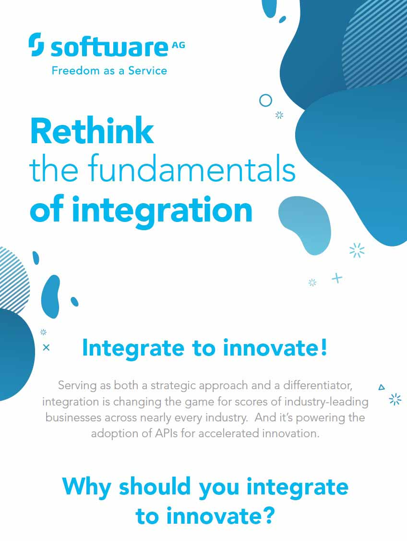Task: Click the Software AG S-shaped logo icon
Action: point(36,45)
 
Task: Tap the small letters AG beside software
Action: point(178,45)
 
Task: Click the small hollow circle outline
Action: point(265,101)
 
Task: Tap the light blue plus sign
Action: point(337,278)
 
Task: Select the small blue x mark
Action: point(46,347)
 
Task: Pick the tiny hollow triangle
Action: point(382,387)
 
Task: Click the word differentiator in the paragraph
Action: point(318,385)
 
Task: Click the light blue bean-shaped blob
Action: point(305,225)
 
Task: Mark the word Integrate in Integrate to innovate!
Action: point(133,348)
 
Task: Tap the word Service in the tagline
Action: point(147,71)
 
